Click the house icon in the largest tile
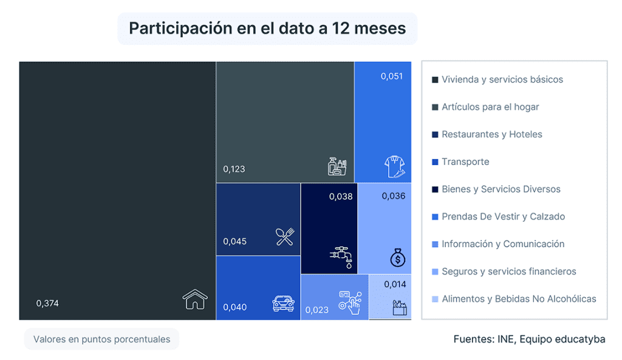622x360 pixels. click(195, 299)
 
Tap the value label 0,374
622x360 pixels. click(47, 304)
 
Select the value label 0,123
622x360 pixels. click(234, 169)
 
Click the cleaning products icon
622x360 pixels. click(337, 166)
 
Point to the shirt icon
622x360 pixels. click(395, 166)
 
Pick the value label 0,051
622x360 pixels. click(392, 76)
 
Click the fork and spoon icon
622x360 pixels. click(285, 237)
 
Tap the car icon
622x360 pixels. click(283, 304)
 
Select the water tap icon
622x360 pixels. click(341, 257)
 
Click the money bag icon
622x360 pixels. click(397, 257)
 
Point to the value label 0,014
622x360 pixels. click(395, 284)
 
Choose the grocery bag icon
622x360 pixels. click(400, 308)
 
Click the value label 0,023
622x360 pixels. click(316, 310)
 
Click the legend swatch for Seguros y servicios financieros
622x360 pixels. click(435, 271)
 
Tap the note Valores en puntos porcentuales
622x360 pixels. click(101, 339)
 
